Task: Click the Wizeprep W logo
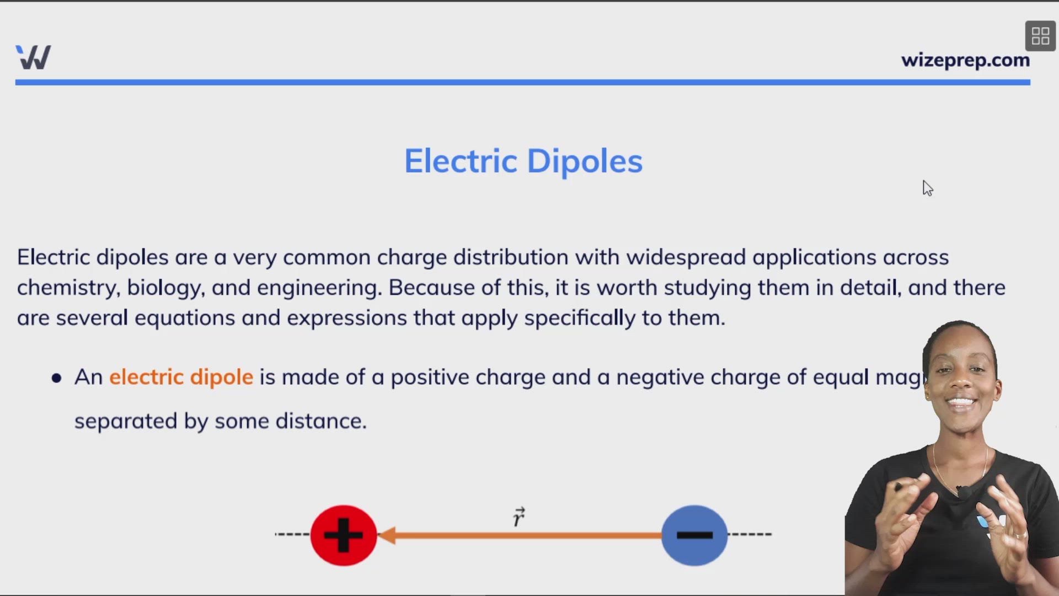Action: click(x=34, y=57)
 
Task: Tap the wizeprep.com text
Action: click(x=965, y=60)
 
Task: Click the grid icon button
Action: click(x=1040, y=36)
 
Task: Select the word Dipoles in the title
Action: click(x=585, y=161)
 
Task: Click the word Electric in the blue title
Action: click(x=461, y=161)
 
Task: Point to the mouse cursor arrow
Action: click(x=927, y=188)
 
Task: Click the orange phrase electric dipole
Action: click(x=181, y=377)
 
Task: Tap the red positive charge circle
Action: click(x=344, y=535)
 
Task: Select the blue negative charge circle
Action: click(x=694, y=535)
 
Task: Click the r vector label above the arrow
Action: click(x=518, y=517)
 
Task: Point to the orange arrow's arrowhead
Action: click(x=388, y=535)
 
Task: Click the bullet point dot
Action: click(x=56, y=378)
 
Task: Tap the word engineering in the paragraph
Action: click(x=318, y=288)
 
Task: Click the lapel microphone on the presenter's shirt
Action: click(x=964, y=491)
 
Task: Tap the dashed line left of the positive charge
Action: click(x=293, y=534)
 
